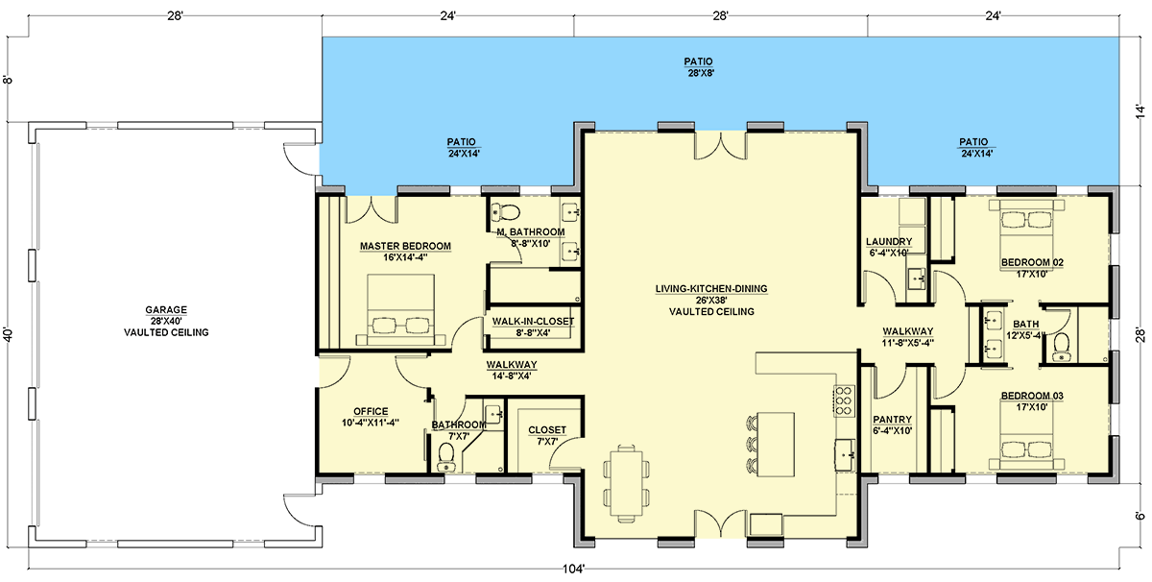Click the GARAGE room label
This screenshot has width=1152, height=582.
(x=165, y=310)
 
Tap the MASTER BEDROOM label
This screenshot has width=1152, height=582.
(x=405, y=246)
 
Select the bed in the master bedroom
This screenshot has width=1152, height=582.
(x=401, y=310)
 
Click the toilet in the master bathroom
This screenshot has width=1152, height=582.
(x=506, y=211)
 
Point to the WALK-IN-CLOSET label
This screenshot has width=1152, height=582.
(x=533, y=322)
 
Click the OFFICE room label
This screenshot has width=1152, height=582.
(x=371, y=411)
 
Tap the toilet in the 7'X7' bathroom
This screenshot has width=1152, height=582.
(x=445, y=457)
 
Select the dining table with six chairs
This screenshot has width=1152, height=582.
(x=626, y=483)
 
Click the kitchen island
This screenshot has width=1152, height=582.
(x=776, y=444)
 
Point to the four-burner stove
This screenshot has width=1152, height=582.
(x=844, y=400)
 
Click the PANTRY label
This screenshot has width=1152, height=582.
(x=892, y=420)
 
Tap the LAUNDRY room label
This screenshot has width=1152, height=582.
(x=889, y=241)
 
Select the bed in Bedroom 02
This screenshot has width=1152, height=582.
(x=1026, y=226)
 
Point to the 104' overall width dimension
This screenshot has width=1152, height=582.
(x=573, y=569)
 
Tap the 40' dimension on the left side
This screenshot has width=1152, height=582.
(x=8, y=334)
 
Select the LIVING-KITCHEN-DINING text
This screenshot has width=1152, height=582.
(x=711, y=289)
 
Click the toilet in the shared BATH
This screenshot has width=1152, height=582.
(x=1061, y=348)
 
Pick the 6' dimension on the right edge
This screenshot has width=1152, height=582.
(x=1140, y=516)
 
